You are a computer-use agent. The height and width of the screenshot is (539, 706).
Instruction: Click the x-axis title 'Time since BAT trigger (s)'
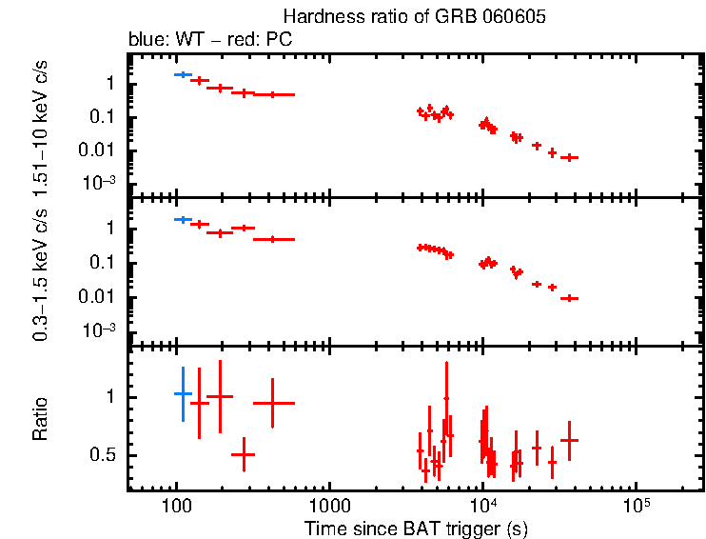click(x=416, y=528)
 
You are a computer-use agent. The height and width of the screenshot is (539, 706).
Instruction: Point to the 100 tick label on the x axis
click(x=175, y=505)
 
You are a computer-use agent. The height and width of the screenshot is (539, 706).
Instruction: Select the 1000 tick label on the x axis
click(x=329, y=505)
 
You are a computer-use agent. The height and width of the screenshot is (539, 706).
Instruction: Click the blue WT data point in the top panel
click(x=183, y=73)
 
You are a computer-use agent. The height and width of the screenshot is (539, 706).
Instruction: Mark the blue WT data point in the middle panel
click(x=183, y=219)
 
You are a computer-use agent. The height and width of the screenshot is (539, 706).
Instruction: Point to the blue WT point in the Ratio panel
click(x=183, y=393)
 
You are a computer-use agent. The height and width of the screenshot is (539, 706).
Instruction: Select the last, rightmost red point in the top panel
click(x=569, y=157)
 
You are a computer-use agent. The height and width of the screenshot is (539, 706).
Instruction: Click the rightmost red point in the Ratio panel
click(x=569, y=440)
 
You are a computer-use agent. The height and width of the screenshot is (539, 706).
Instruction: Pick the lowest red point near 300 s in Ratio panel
click(x=244, y=455)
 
